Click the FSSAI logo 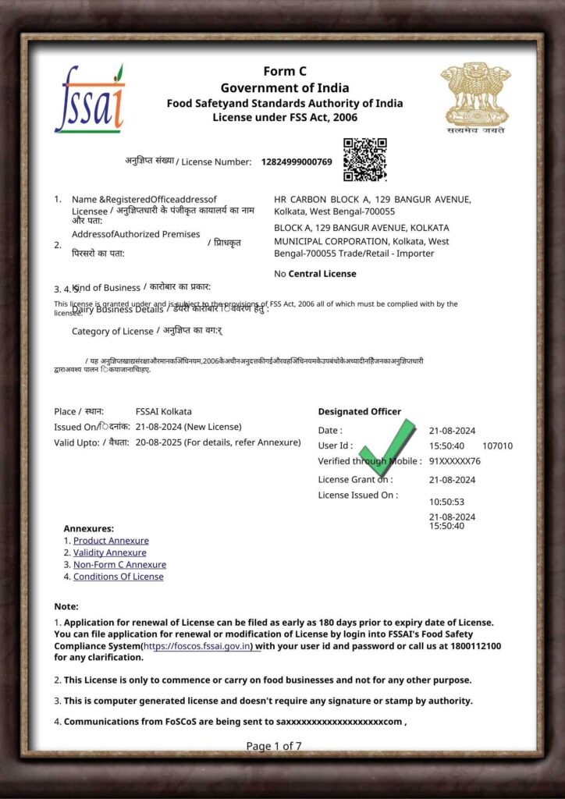[89, 99]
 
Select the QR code [365, 159]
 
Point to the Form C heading [284, 72]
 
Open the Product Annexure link [111, 541]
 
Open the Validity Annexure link [109, 552]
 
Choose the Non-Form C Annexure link [119, 564]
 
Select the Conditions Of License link [118, 577]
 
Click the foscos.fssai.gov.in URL [198, 646]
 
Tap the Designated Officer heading [359, 411]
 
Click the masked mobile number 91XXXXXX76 [455, 461]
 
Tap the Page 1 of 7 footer [274, 746]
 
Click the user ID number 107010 [498, 446]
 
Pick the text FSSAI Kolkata [163, 411]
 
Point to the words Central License [322, 274]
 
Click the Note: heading [66, 606]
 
